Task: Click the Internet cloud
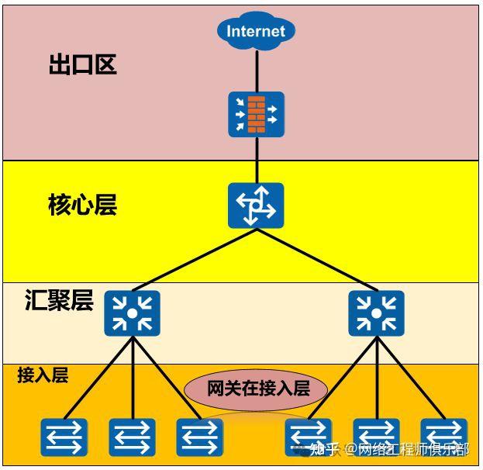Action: pyautogui.click(x=256, y=32)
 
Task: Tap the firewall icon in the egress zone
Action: pyautogui.click(x=256, y=114)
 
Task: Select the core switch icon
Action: pyautogui.click(x=256, y=206)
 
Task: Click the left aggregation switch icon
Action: pyautogui.click(x=133, y=313)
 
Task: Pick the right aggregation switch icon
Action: pyautogui.click(x=376, y=313)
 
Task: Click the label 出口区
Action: pyautogui.click(x=82, y=65)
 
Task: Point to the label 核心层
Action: pyautogui.click(x=82, y=206)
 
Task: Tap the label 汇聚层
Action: pyautogui.click(x=59, y=301)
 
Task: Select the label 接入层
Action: pyautogui.click(x=43, y=375)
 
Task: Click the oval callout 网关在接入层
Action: pyautogui.click(x=257, y=388)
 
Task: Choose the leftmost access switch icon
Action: pyautogui.click(x=64, y=437)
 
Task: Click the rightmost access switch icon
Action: pyautogui.click(x=444, y=437)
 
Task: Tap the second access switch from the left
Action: pyautogui.click(x=133, y=437)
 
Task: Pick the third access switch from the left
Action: pyautogui.click(x=200, y=437)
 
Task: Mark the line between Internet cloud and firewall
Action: pyautogui.click(x=256, y=70)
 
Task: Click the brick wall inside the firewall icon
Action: pyautogui.click(x=256, y=114)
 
